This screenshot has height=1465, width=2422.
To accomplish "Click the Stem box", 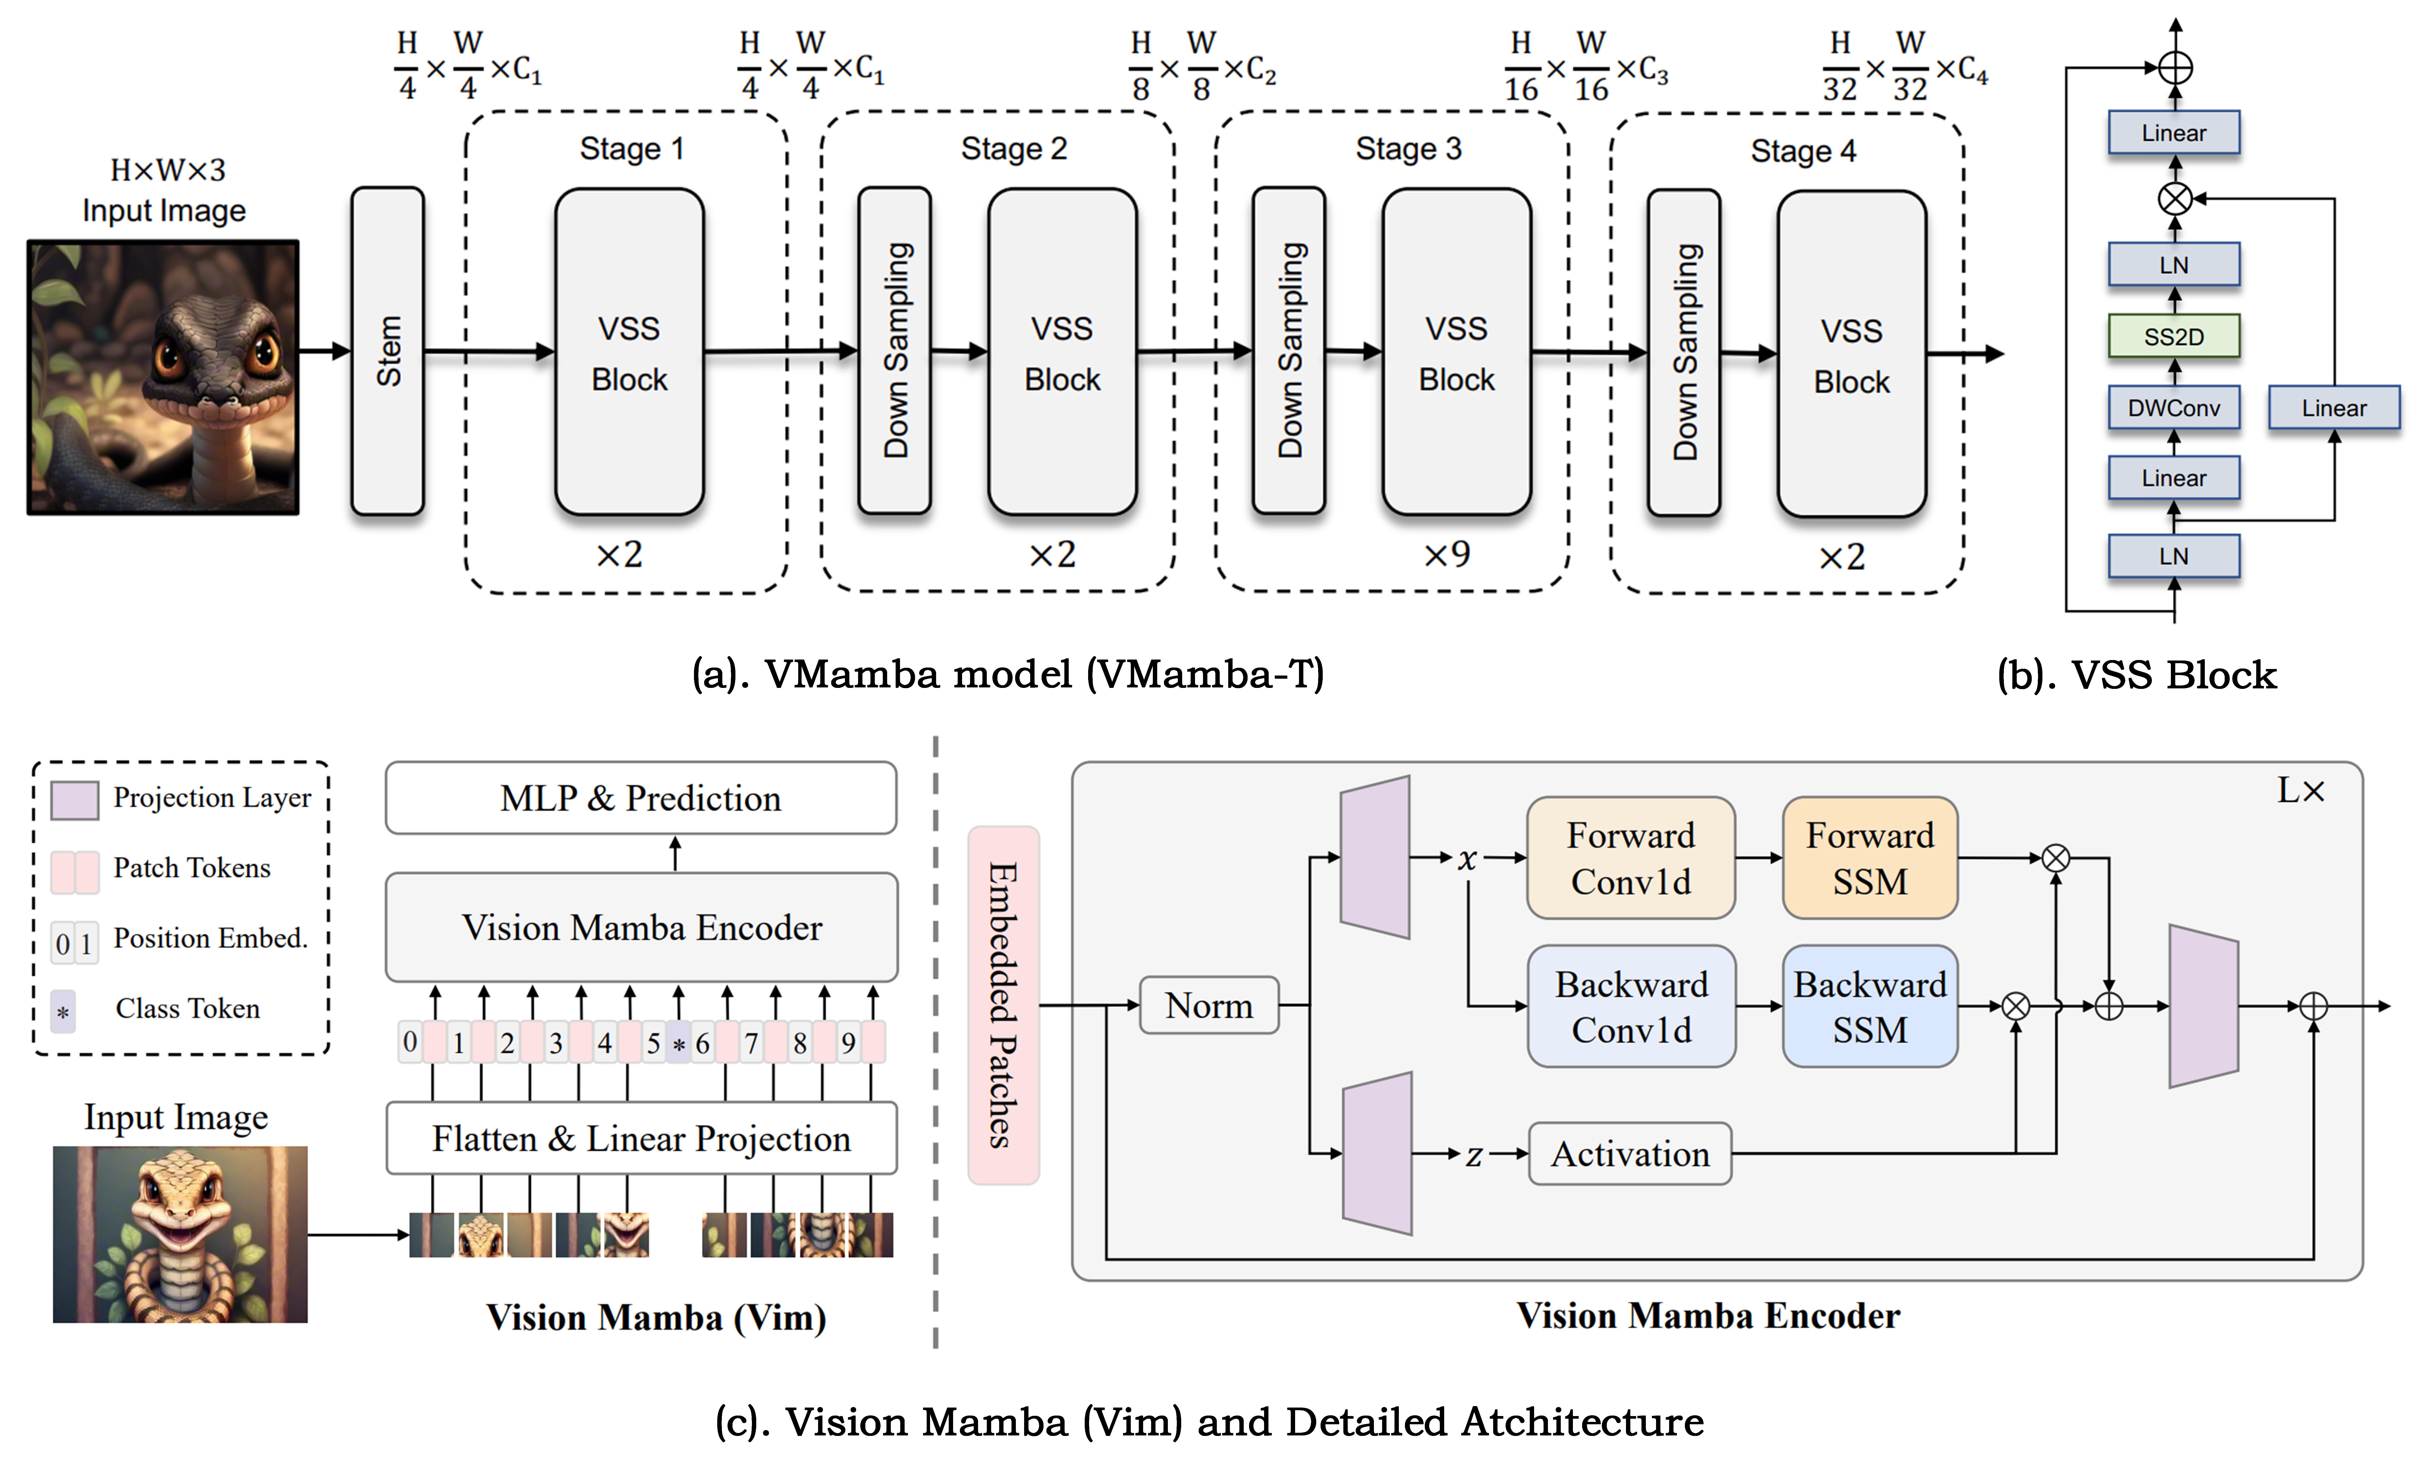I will pos(387,351).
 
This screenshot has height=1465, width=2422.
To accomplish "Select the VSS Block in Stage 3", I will pos(1456,352).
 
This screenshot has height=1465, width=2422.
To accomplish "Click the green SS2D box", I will pos(2173,336).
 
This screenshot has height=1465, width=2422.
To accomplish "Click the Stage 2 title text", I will pos(1013,149).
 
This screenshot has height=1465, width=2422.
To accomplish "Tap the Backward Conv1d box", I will pos(1631,1006).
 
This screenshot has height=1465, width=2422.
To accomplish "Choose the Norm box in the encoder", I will pos(1208,1005).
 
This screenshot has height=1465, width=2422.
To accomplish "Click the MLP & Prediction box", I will pos(641,797).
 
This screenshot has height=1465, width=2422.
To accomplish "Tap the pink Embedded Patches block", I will pos(1003,1005).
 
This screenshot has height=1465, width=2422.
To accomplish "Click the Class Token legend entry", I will pos(187,1009).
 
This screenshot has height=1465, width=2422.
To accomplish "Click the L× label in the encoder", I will pos(2300,790).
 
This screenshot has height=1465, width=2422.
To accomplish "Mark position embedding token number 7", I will pos(751,1042).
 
